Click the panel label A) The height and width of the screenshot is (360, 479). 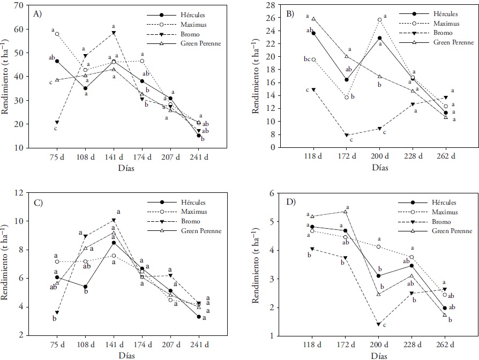[39, 14]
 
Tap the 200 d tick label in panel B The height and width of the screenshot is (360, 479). [379, 159]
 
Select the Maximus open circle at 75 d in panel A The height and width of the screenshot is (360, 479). [57, 34]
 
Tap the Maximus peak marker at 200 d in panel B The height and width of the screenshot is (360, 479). [379, 20]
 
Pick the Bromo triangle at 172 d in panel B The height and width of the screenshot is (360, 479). [347, 135]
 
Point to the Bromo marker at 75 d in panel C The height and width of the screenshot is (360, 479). [57, 313]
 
